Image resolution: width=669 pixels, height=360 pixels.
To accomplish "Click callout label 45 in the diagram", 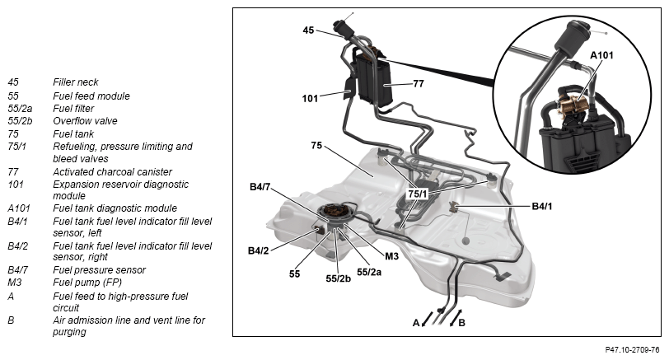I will (x=309, y=30).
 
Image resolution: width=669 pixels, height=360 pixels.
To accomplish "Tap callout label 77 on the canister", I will (x=418, y=83).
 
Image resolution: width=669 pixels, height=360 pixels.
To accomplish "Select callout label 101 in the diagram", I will (x=310, y=99).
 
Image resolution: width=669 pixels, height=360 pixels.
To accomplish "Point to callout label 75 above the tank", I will (x=316, y=145).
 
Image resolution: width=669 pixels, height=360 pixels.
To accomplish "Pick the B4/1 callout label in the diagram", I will (x=545, y=205).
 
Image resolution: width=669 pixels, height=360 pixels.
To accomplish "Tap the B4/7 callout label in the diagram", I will (x=263, y=188).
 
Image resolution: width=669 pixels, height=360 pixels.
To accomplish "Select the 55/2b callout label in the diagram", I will (x=339, y=278).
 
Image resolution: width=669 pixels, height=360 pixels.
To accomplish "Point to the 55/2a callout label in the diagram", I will (x=370, y=270).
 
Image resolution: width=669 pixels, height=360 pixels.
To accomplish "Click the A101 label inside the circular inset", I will (x=602, y=55).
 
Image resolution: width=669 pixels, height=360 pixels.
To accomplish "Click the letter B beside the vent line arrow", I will (x=461, y=322).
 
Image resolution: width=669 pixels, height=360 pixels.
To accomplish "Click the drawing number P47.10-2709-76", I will (x=626, y=350).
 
